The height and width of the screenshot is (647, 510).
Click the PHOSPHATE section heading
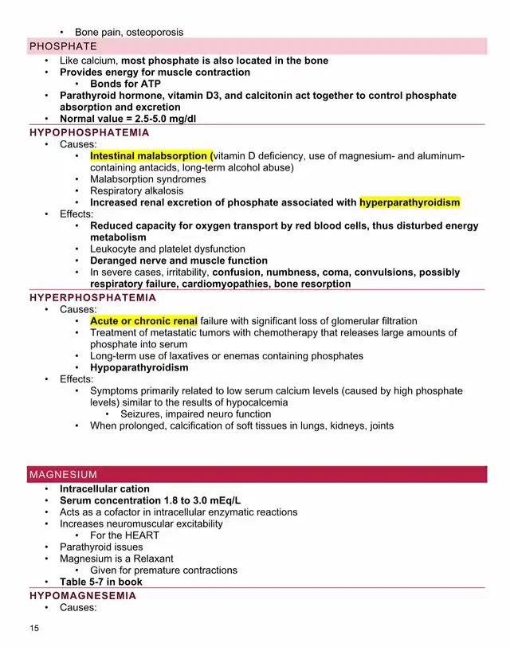(x=63, y=46)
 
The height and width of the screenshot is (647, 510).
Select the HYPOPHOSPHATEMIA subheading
(x=89, y=132)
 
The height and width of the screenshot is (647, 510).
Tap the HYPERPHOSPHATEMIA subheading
(x=92, y=298)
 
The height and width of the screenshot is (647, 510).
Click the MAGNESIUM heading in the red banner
(x=63, y=475)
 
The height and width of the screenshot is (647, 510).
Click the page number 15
(x=34, y=629)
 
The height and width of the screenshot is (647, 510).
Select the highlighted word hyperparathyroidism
(x=410, y=202)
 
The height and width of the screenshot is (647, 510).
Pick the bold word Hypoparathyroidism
(x=139, y=368)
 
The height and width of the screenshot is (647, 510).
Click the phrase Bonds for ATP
(x=126, y=84)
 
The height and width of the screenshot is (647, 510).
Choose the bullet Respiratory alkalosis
(x=136, y=191)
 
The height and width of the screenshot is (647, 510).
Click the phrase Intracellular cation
(x=104, y=489)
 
